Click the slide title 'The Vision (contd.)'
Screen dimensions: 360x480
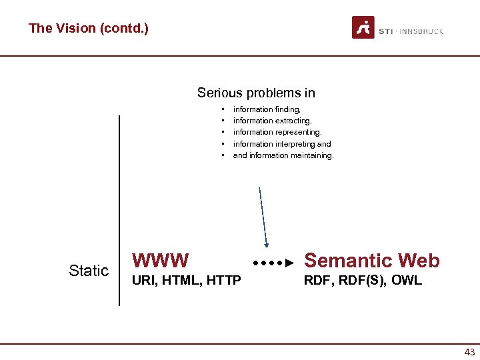pos(88,29)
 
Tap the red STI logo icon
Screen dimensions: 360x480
pos(363,28)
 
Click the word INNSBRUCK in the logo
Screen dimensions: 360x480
pos(421,31)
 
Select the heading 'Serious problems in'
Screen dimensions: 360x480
pos(256,93)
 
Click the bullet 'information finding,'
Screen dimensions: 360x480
pos(267,109)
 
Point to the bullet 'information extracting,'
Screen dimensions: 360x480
pos(272,121)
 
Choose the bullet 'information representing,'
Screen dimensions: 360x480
pos(277,132)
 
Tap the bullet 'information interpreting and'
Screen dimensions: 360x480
pos(281,144)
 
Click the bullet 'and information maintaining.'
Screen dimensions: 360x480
pos(283,155)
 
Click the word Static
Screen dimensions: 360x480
pos(89,271)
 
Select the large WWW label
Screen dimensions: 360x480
pos(161,260)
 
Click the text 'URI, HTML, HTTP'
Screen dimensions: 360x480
pos(187,281)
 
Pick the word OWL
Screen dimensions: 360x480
pos(406,281)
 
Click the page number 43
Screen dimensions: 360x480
pos(469,352)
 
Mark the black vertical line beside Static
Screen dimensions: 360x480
pos(119,210)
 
